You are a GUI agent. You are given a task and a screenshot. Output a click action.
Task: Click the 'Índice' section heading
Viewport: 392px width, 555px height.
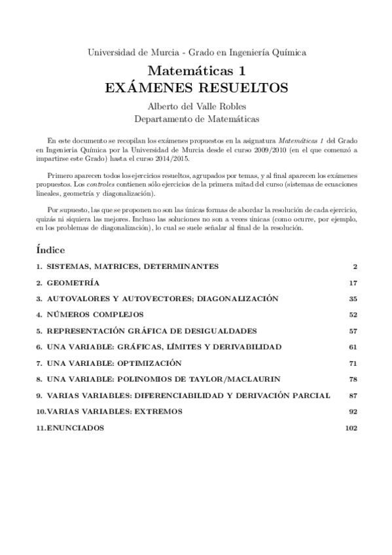pos(50,250)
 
